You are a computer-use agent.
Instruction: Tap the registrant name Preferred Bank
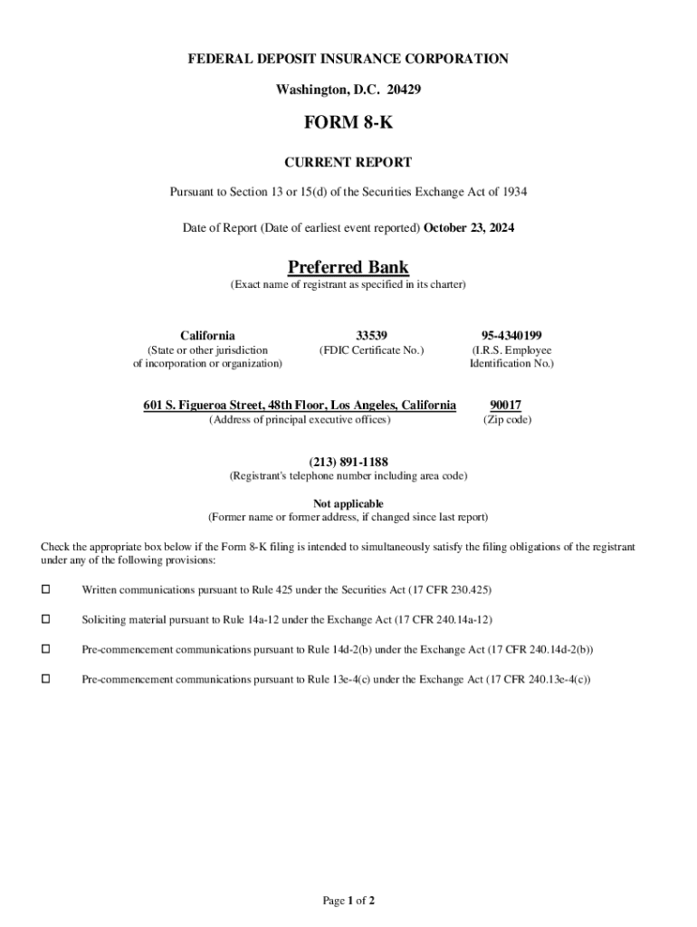(x=348, y=267)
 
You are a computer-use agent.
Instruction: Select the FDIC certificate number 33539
(x=371, y=335)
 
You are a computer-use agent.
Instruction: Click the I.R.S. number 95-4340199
(x=511, y=335)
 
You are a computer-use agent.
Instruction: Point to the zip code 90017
(x=506, y=405)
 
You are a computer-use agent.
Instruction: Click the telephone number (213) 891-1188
(x=348, y=462)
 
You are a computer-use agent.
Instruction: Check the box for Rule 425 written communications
(x=46, y=590)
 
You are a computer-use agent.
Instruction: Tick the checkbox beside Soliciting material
(x=46, y=619)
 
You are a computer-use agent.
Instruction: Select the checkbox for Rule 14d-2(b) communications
(x=46, y=649)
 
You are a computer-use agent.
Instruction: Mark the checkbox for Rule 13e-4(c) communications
(x=46, y=678)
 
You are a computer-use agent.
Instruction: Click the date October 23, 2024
(x=470, y=228)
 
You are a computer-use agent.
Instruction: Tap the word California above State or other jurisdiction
(x=207, y=335)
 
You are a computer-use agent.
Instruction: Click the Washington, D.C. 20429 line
(x=348, y=90)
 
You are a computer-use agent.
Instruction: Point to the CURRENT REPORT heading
(x=348, y=163)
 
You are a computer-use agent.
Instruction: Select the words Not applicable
(x=348, y=503)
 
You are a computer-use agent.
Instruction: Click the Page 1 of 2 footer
(x=348, y=900)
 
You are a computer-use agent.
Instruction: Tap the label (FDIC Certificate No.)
(x=371, y=350)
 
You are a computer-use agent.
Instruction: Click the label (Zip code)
(x=507, y=420)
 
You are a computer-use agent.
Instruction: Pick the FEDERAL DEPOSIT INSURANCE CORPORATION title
(x=348, y=59)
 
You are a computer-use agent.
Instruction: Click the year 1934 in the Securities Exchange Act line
(x=513, y=192)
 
